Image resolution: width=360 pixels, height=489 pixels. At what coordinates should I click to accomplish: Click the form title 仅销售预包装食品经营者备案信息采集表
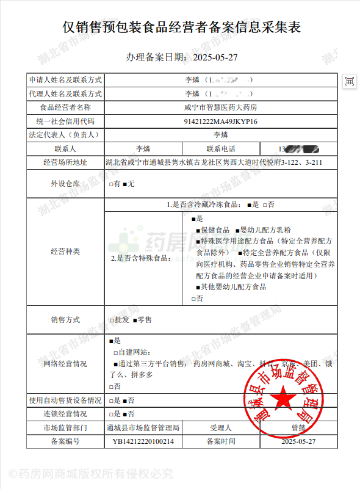pos(181,27)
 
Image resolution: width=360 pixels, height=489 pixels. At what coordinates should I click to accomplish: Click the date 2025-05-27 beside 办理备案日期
pos(215,57)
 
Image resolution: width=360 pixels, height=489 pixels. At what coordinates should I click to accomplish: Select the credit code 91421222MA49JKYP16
pos(220,121)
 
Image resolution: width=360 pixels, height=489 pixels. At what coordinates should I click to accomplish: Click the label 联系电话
pos(220,148)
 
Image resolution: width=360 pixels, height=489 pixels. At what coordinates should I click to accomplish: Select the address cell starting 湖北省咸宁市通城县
pos(214,162)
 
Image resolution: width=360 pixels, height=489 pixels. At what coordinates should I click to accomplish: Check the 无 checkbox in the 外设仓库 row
pos(125,184)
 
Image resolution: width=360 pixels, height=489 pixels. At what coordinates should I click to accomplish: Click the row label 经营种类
pos(65,251)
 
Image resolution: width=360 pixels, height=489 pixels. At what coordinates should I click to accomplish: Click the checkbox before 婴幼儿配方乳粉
pos(236,230)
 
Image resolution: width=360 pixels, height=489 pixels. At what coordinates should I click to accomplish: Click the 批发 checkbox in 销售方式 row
pos(111,319)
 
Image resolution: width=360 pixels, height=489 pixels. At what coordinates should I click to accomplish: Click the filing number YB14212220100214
pos(143,441)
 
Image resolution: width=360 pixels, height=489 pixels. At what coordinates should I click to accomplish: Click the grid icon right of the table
pos(350,81)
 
